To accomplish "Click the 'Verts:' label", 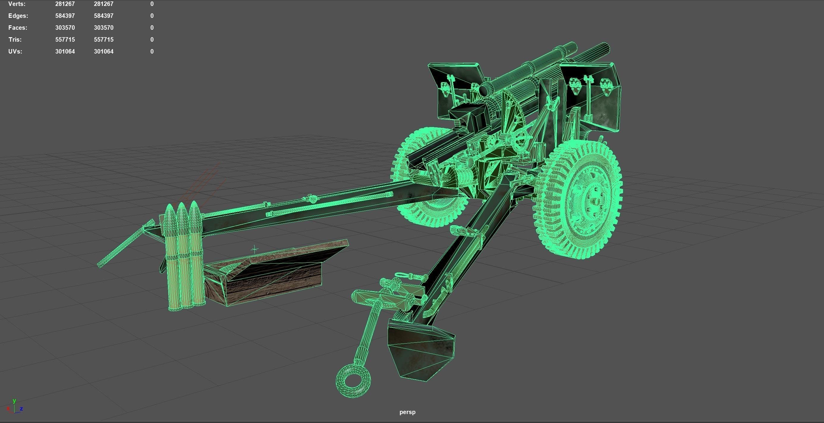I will coord(17,4).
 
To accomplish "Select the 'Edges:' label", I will coord(18,16).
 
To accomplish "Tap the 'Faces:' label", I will coord(18,28).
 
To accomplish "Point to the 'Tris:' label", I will coord(15,39).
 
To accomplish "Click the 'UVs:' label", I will coord(15,51).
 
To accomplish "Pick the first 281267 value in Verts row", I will coord(65,4).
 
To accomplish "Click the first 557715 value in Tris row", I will coord(65,39).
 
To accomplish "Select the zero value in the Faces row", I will coord(152,28).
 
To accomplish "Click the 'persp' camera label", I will coord(407,412).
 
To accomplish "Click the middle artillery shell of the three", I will coord(182,256).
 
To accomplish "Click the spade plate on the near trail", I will coord(421,352).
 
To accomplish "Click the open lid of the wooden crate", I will coord(288,253).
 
